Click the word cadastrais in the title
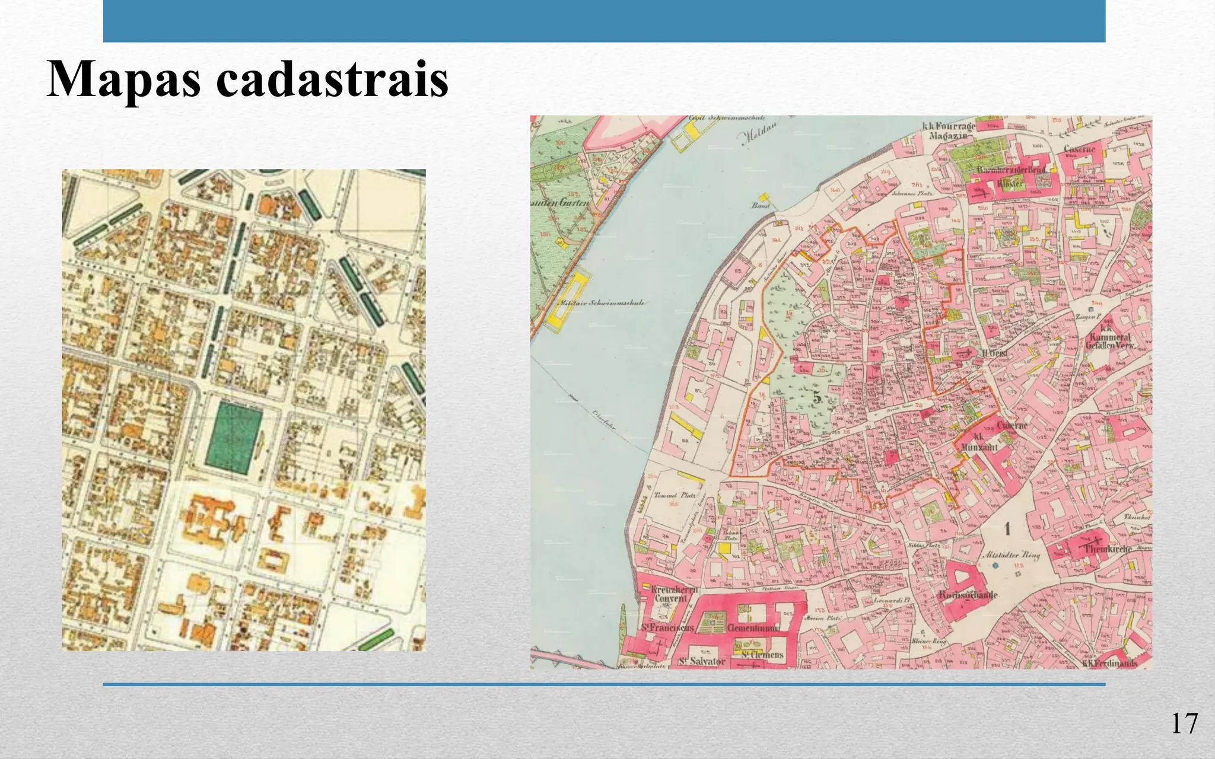332,80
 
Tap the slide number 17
1184,724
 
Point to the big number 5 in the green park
818,399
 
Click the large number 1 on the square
1007,528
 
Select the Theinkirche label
1107,549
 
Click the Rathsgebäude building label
968,595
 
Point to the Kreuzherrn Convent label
674,594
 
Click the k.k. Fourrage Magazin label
947,131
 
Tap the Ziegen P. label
1087,317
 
